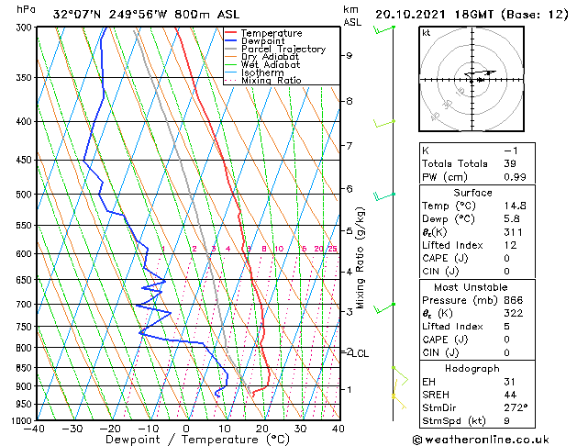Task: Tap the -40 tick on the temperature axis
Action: (x=36, y=428)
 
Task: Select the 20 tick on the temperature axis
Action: (x=262, y=428)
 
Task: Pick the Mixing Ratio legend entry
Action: (x=272, y=81)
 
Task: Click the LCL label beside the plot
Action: (x=361, y=353)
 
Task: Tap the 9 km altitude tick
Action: (x=350, y=55)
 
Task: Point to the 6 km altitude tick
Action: (x=350, y=189)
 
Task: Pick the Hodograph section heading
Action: (x=472, y=368)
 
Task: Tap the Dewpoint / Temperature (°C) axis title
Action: (x=186, y=440)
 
